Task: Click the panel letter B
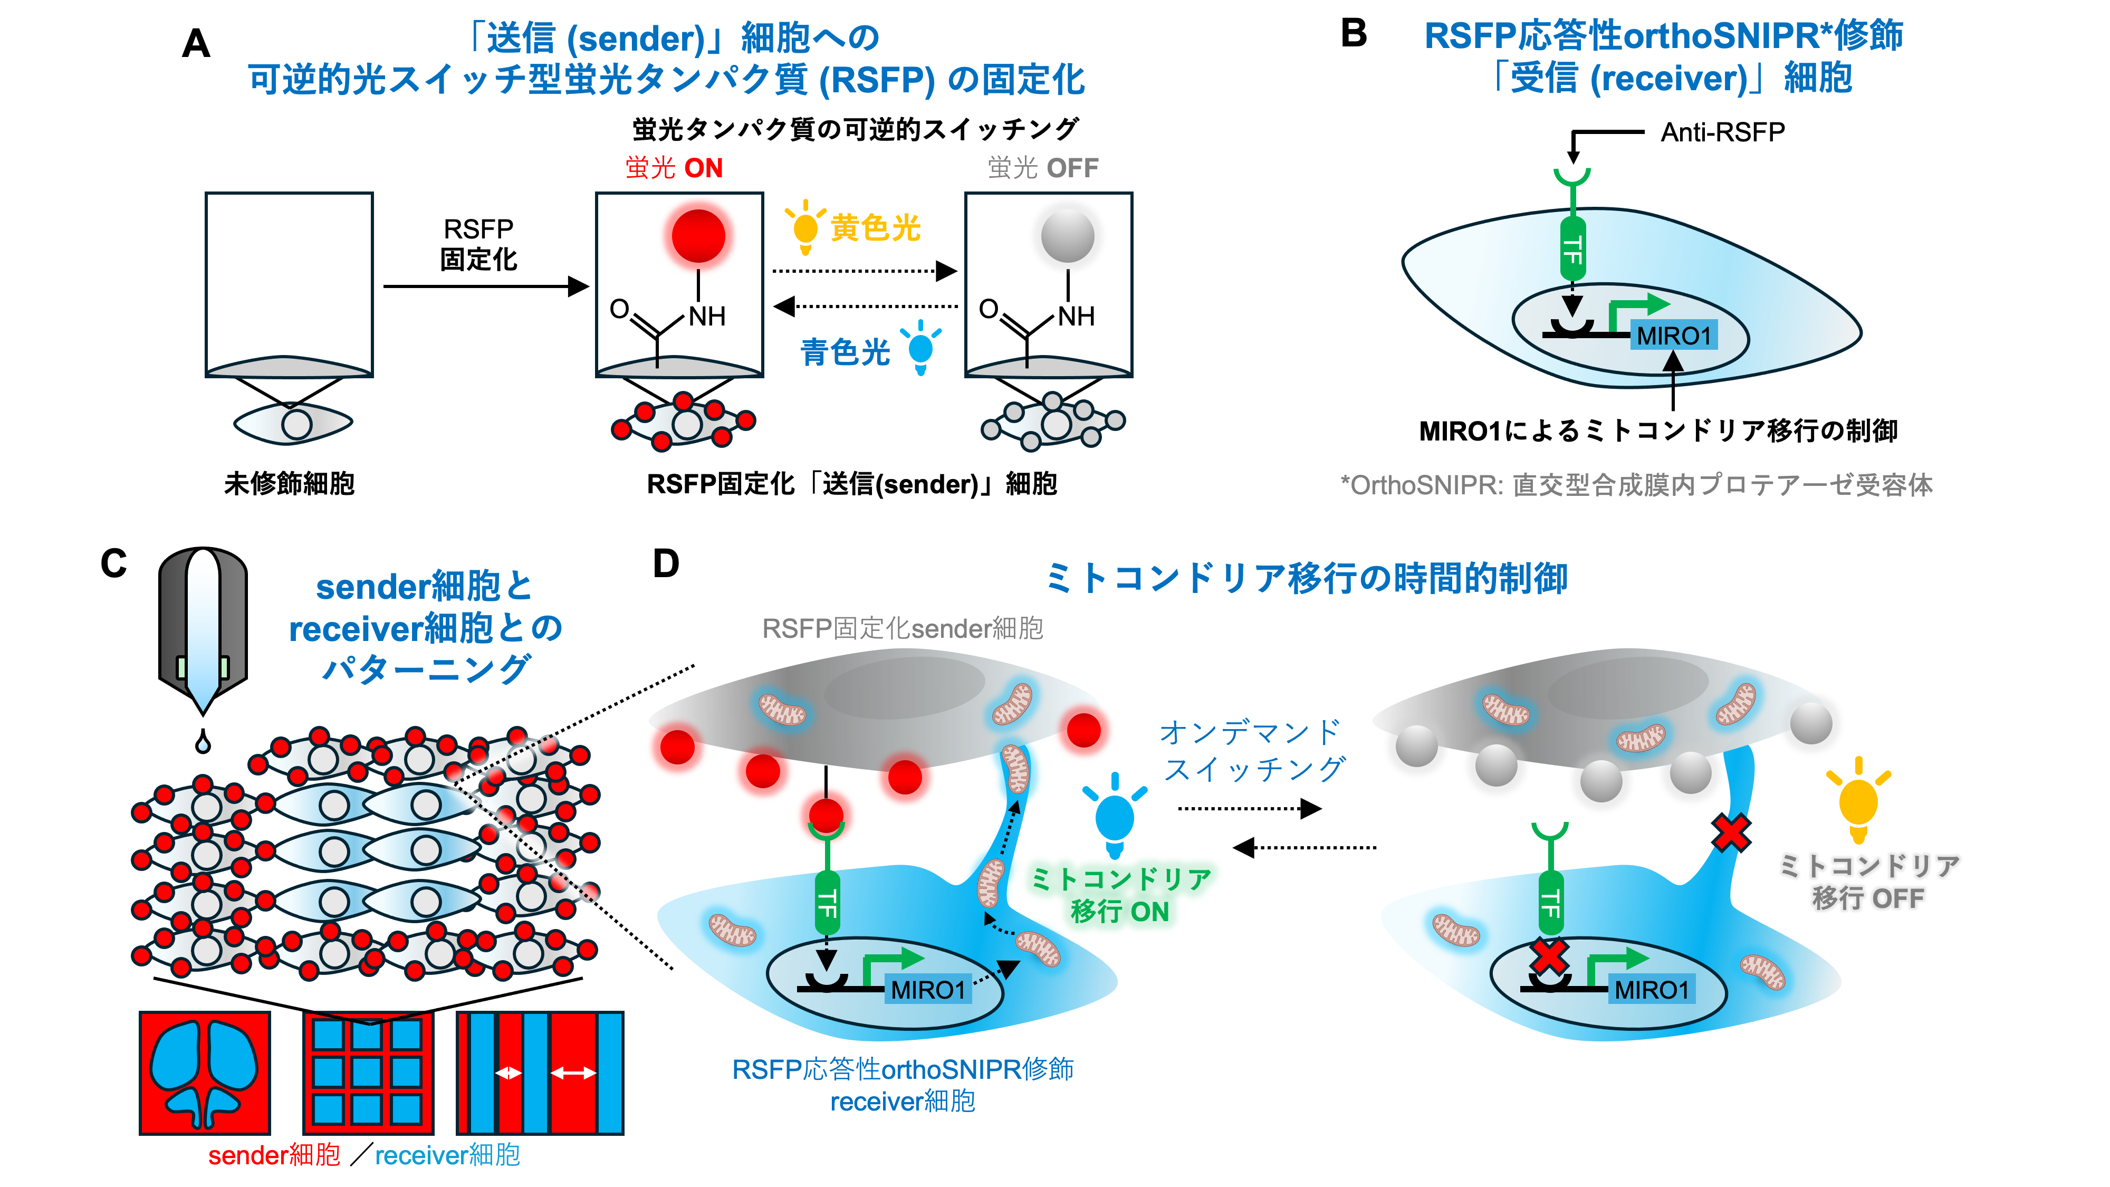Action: (x=1353, y=34)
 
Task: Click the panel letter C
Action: (x=114, y=563)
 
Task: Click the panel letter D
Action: (x=666, y=563)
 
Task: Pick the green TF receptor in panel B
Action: (x=1572, y=246)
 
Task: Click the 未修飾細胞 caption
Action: (x=289, y=483)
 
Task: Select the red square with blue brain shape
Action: (x=205, y=1073)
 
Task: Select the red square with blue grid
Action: (x=368, y=1073)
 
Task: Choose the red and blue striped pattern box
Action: (x=540, y=1073)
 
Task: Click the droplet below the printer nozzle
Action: (x=203, y=742)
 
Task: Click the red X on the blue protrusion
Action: (x=1731, y=833)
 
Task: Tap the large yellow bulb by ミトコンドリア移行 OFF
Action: (x=1858, y=801)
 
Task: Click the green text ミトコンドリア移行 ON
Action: (x=1120, y=895)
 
